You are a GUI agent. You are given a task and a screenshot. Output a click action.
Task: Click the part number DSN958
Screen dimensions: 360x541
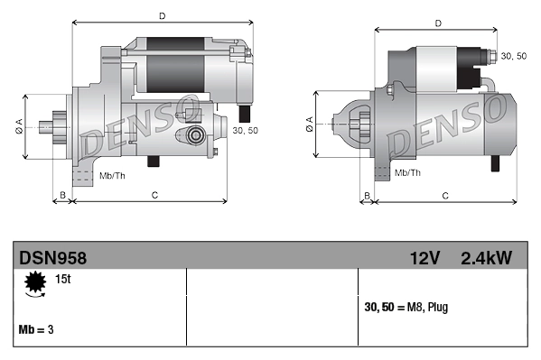click(53, 257)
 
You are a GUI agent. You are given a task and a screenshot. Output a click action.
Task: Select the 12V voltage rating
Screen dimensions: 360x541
click(424, 257)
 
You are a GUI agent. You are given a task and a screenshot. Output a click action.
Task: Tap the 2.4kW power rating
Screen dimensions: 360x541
click(486, 257)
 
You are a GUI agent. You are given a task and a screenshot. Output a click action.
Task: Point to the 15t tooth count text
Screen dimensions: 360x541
click(63, 281)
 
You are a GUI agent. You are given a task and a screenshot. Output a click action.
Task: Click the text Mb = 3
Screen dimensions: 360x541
click(36, 329)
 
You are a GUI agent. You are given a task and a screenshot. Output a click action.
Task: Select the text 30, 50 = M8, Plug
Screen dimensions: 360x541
click(406, 307)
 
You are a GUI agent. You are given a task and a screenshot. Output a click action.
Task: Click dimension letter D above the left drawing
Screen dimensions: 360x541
click(162, 15)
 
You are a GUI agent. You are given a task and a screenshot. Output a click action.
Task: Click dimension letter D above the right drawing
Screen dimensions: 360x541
click(437, 23)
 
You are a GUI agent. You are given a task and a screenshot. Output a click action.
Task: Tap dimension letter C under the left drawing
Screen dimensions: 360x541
click(154, 195)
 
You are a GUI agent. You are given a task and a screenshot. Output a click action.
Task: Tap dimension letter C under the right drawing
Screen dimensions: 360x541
click(445, 195)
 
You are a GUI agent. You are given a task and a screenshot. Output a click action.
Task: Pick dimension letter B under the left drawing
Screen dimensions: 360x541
click(62, 195)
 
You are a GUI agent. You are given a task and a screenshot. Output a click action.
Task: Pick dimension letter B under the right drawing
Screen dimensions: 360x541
click(367, 195)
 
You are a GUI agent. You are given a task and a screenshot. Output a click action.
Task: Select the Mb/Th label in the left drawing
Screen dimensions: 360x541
click(112, 174)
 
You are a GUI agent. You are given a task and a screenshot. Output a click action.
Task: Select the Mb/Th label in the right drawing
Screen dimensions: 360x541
click(407, 171)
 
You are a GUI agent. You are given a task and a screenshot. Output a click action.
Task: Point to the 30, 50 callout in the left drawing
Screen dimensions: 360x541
click(246, 130)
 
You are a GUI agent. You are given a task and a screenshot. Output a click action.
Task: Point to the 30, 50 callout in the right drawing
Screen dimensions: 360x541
click(513, 56)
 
